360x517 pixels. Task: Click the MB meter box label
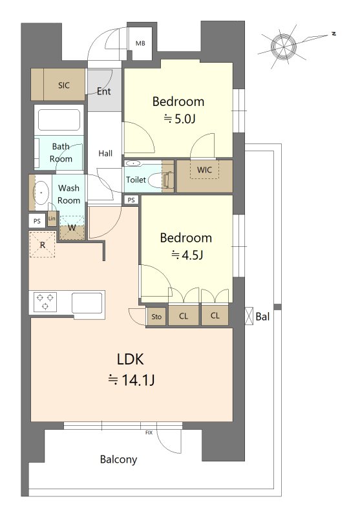click(140, 43)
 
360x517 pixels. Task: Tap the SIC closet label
click(64, 85)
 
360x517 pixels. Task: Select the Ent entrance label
click(104, 91)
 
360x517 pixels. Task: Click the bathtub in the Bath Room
click(59, 120)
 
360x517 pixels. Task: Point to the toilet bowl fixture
click(156, 180)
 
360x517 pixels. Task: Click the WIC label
click(204, 170)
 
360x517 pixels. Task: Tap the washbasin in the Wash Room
click(41, 192)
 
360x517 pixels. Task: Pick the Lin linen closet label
click(52, 218)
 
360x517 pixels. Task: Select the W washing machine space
click(72, 228)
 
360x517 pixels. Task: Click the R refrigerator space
click(42, 245)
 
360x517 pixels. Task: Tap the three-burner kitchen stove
click(45, 302)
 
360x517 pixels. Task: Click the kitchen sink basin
click(87, 302)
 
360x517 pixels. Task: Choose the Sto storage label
click(156, 317)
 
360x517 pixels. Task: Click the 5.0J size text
click(180, 119)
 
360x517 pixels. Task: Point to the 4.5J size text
click(187, 255)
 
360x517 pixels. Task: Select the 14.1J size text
click(132, 380)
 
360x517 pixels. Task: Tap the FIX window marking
click(149, 432)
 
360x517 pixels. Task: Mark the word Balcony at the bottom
click(119, 459)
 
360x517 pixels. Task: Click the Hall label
click(105, 153)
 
